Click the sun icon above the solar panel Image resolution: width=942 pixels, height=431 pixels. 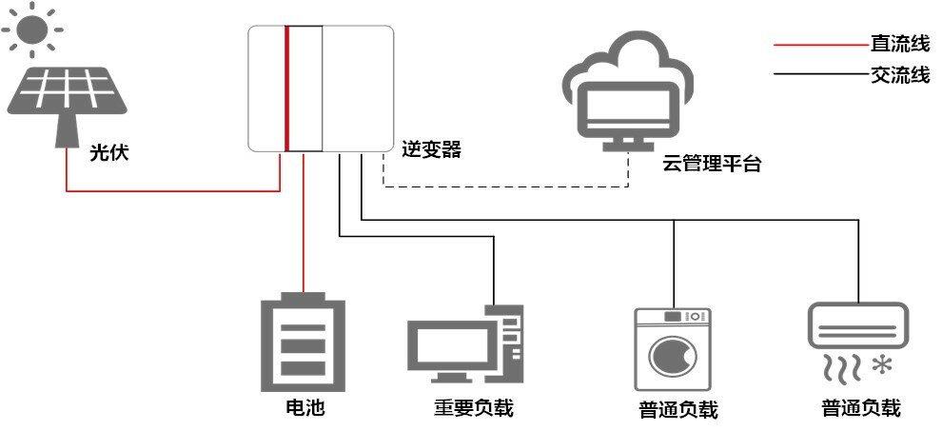31,28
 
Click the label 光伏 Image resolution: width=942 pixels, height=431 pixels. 108,151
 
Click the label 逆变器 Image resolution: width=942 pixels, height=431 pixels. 431,149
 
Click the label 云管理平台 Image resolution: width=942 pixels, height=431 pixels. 713,164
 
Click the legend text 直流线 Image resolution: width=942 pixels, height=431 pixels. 899,45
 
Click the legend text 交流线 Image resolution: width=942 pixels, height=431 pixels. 899,75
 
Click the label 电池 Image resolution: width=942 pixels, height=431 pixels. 304,408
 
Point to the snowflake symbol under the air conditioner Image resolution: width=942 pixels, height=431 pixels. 885,363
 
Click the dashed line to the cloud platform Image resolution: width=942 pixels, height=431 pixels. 504,187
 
